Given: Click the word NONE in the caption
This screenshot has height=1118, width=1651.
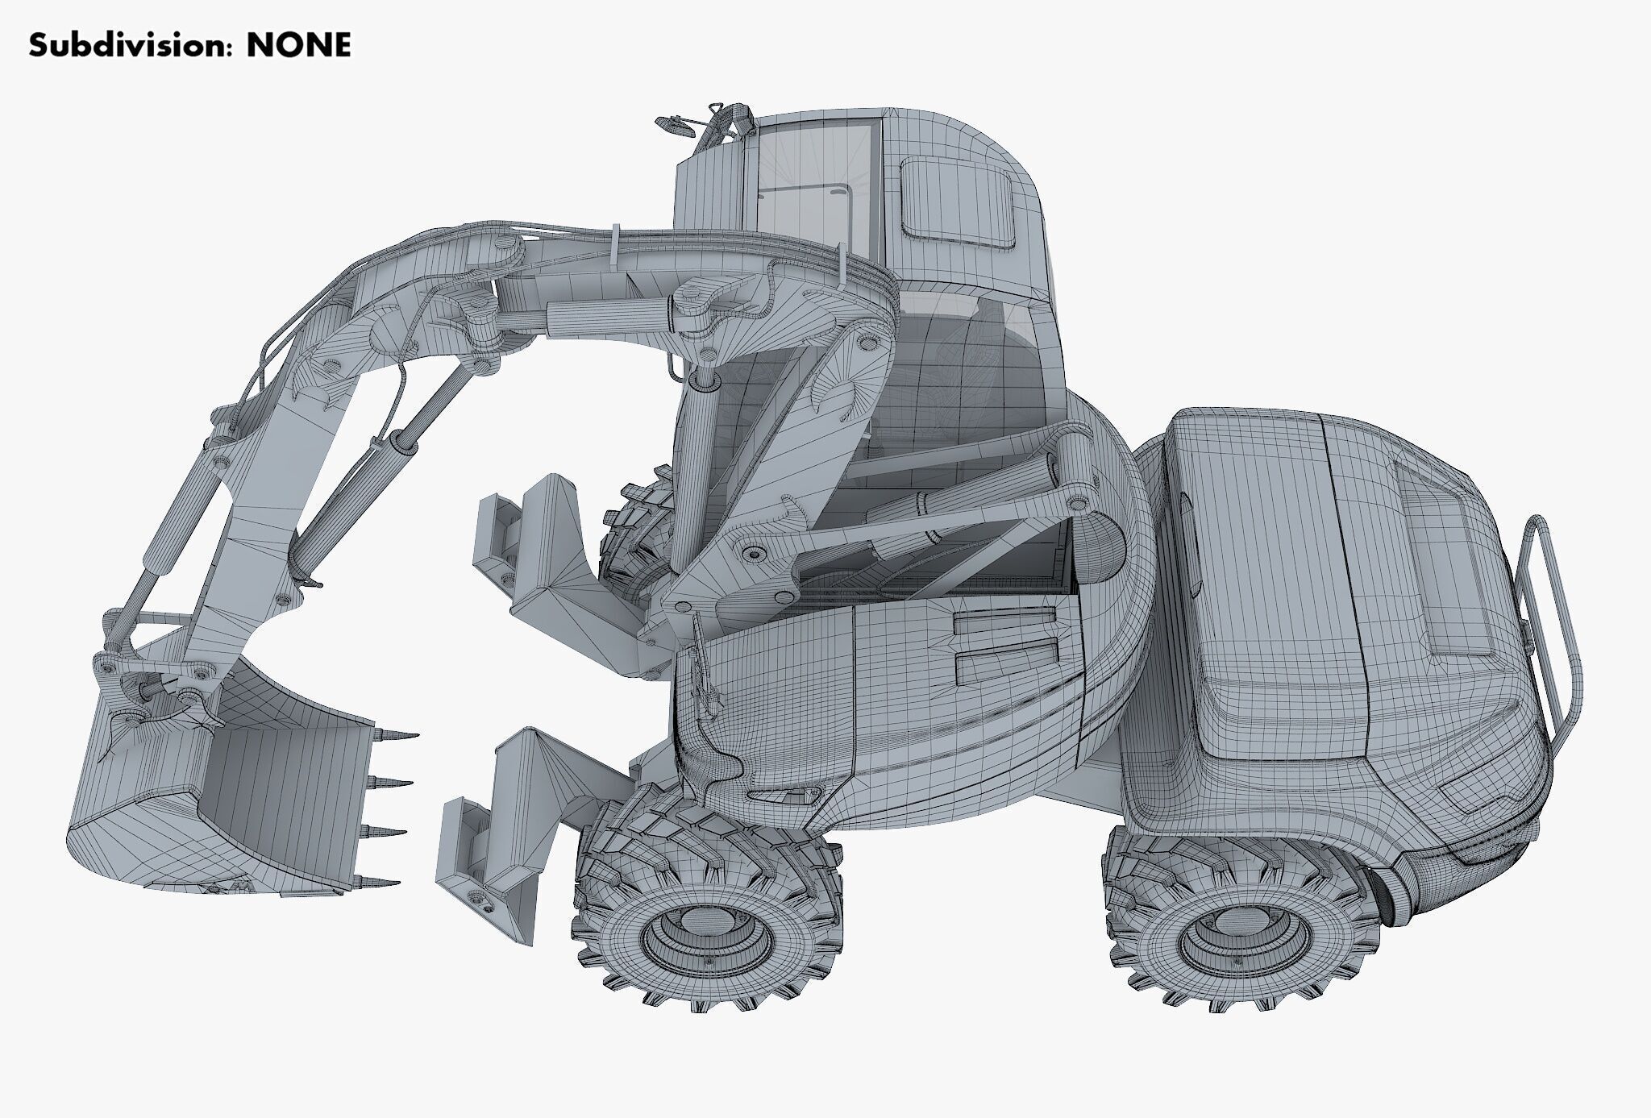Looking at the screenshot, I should (x=298, y=46).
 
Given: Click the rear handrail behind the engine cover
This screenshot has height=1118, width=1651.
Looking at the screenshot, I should (x=1552, y=629).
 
